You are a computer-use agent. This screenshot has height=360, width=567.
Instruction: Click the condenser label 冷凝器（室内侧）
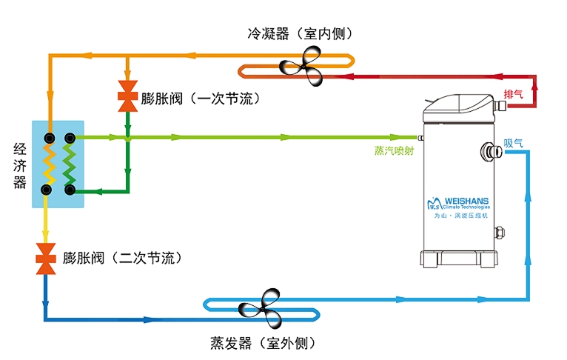pos(299,34)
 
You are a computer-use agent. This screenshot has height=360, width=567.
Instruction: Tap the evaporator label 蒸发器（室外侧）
pos(263,343)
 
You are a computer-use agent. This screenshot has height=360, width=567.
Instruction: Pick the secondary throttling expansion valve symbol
pos(46,258)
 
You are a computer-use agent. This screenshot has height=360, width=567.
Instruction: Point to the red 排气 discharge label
pos(513,94)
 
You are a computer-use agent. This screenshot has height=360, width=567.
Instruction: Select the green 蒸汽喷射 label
pos(394,150)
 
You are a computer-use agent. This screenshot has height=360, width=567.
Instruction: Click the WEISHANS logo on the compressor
pos(459,204)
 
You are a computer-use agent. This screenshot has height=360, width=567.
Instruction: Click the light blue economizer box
pos(58,163)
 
